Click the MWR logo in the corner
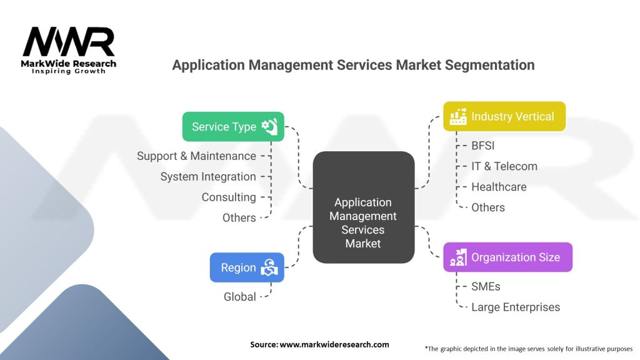69,50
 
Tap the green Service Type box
233,126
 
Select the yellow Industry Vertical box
504,116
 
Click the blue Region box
247,267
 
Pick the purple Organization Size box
507,257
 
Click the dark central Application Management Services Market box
364,207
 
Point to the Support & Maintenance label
196,156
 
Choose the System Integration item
208,177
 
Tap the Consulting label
229,197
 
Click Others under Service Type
239,218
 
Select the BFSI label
483,146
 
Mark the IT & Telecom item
504,166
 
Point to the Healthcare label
499,187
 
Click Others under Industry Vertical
488,207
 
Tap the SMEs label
486,286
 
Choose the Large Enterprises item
516,307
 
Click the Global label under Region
239,297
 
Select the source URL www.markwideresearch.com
334,344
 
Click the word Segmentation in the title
489,65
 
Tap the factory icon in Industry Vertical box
458,116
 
